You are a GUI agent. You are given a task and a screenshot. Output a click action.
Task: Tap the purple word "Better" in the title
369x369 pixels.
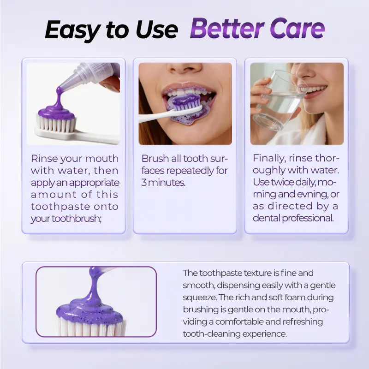click(226, 29)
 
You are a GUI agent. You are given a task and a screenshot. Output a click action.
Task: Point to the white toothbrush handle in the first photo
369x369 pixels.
click(77, 135)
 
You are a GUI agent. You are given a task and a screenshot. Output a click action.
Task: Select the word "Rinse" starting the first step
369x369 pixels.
click(45, 159)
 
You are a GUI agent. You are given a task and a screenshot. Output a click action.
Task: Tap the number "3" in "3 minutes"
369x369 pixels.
click(144, 183)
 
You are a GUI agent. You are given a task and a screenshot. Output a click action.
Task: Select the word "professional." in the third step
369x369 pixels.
click(308, 218)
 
